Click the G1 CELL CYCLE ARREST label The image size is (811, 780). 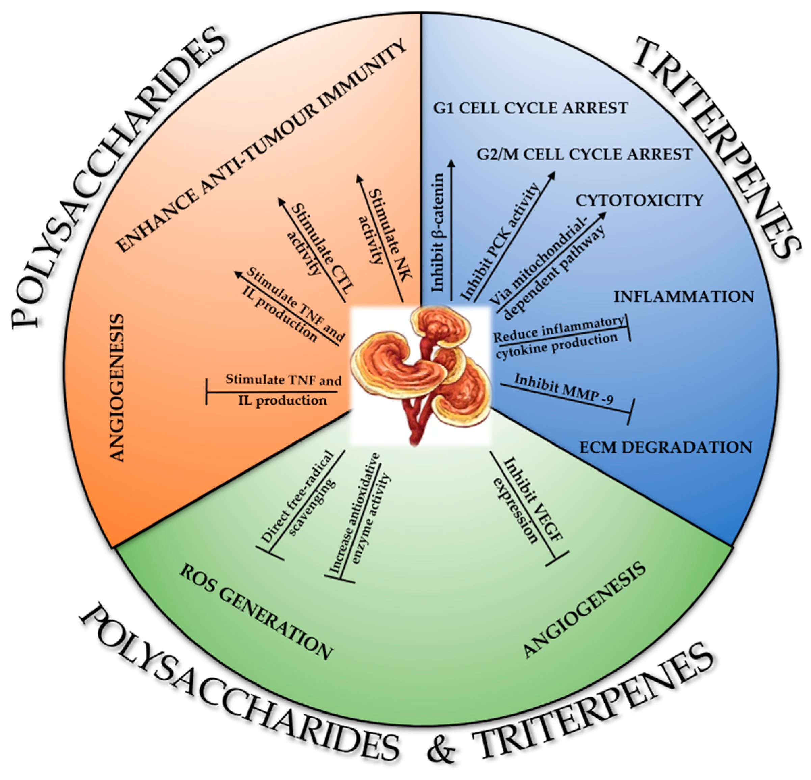(530, 108)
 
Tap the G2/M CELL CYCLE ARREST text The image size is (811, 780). (584, 154)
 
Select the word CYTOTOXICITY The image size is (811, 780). (639, 200)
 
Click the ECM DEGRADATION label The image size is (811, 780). (666, 447)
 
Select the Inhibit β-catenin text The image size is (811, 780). (438, 232)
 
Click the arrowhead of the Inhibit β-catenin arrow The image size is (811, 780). (451, 163)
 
